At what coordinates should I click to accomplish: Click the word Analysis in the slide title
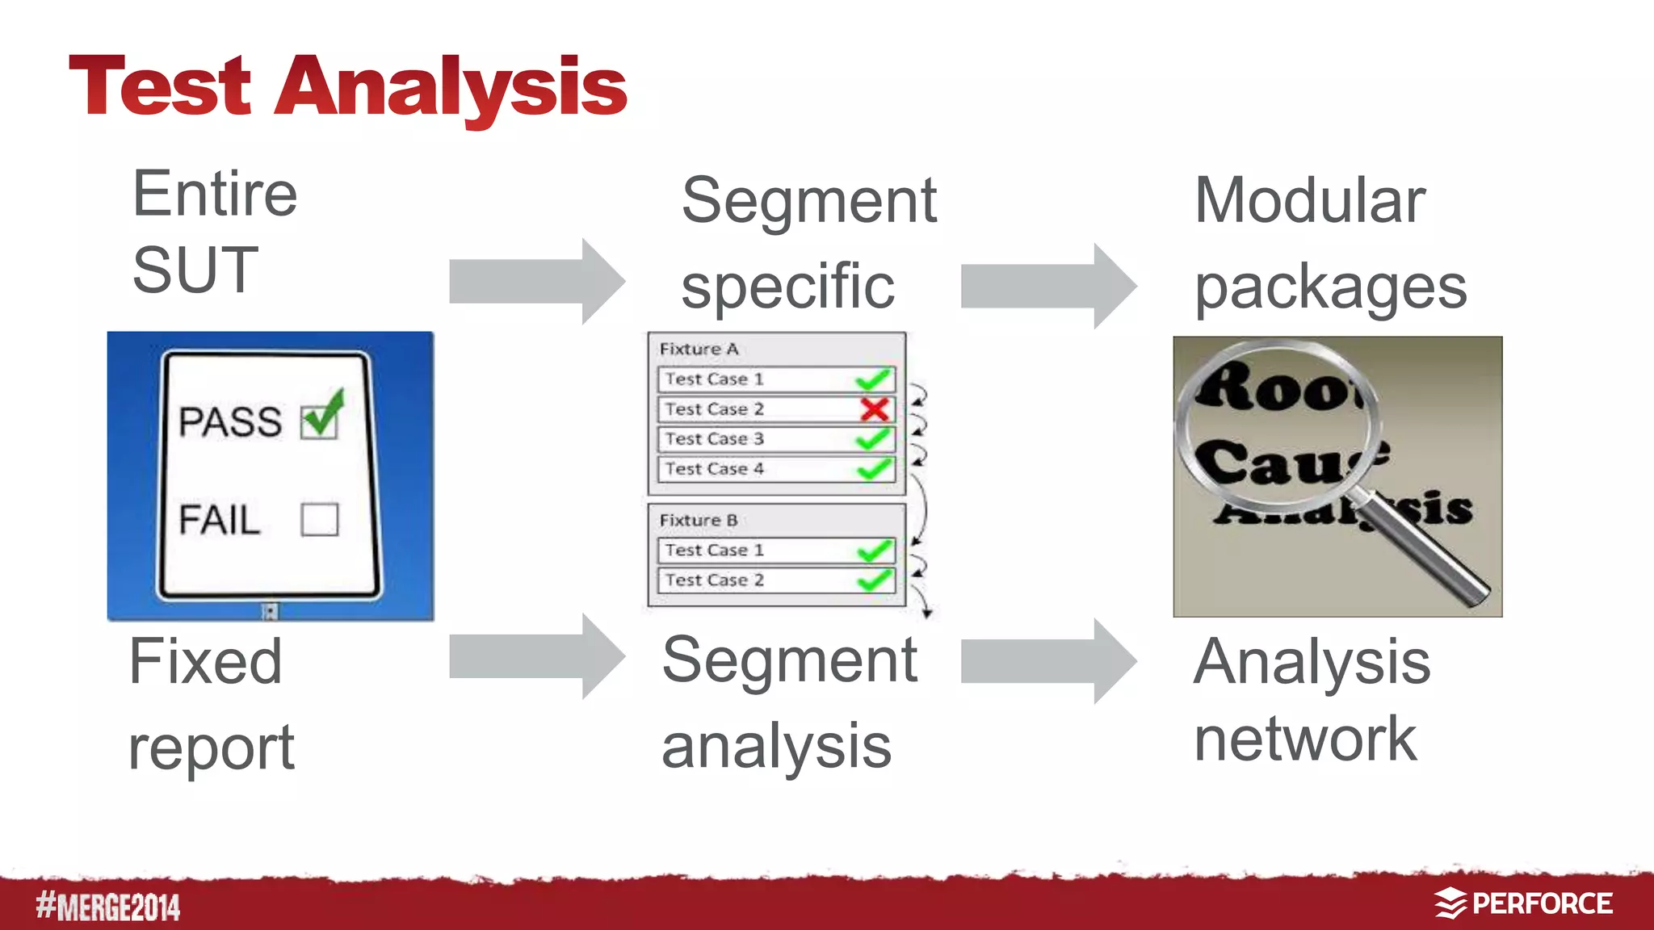[451, 87]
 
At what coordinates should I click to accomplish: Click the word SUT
[195, 270]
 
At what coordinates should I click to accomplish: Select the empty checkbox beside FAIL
[319, 520]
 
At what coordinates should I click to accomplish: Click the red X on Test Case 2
[874, 409]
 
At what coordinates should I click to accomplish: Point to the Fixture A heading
[699, 349]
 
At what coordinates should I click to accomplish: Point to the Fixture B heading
[699, 520]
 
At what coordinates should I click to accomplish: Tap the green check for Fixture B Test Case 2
[874, 580]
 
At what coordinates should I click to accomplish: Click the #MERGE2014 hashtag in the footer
[108, 906]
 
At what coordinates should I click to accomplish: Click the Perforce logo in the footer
[1524, 903]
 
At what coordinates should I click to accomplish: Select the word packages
[1330, 288]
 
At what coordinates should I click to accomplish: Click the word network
[1304, 739]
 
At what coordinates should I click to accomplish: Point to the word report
[211, 748]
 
